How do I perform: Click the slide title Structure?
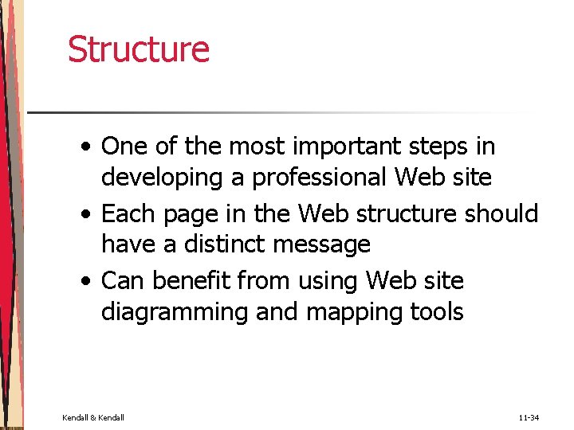pos(139,49)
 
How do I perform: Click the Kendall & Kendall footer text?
pos(92,417)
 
